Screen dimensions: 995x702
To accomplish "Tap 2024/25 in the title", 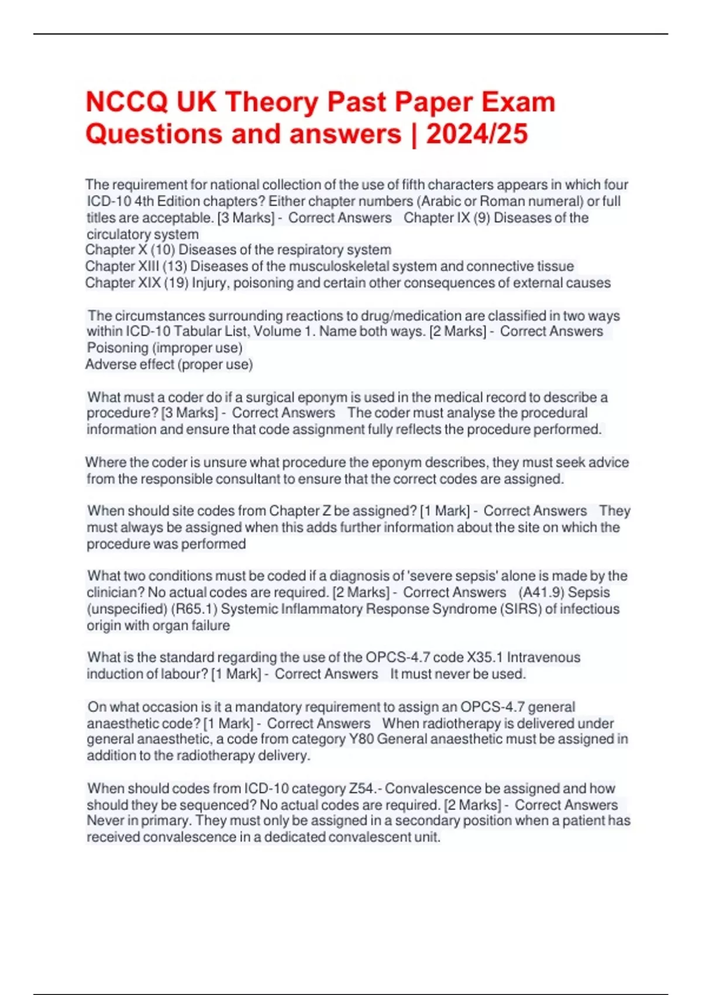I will pos(477,134).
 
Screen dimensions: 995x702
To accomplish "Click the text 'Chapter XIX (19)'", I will pos(136,283).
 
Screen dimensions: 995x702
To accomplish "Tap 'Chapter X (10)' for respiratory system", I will pos(130,250).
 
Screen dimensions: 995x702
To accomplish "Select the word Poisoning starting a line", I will pos(118,348).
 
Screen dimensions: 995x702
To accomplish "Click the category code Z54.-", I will pos(365,788).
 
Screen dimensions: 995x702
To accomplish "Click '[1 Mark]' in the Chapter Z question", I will pos(444,511).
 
